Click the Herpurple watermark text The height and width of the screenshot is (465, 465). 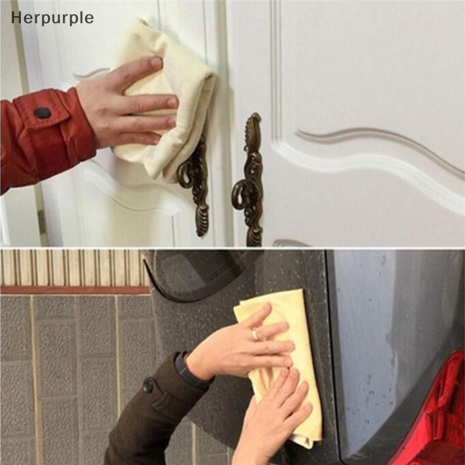pos(52,19)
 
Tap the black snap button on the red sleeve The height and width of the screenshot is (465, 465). pos(42,113)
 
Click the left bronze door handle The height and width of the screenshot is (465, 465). pos(194,184)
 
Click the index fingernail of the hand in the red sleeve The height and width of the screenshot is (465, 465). pos(156,63)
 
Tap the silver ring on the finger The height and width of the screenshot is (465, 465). pos(255,335)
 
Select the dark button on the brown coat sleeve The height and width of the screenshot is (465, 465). pos(148,385)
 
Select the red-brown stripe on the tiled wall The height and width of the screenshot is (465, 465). pos(75,289)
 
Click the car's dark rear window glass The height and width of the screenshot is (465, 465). pos(202,274)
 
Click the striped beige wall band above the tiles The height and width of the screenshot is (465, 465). pos(74,267)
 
